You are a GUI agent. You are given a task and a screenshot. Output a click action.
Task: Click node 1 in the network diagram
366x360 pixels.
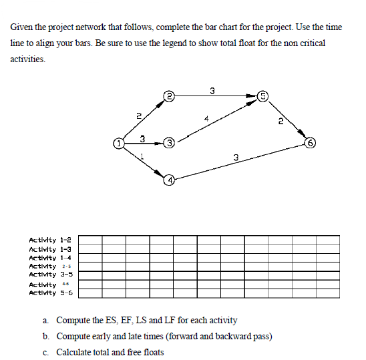118,143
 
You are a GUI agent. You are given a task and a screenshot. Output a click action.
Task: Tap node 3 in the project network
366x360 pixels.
170,143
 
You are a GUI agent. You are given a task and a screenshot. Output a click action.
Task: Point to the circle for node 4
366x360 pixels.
170,180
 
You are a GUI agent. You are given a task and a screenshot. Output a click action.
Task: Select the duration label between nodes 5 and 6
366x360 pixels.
281,121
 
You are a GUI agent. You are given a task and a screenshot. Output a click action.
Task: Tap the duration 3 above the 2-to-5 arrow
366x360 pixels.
212,90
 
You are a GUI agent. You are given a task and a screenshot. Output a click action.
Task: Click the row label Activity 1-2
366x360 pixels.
51,239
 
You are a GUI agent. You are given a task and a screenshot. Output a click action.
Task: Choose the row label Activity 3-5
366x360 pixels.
51,275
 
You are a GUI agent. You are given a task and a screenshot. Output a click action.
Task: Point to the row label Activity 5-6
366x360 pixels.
51,293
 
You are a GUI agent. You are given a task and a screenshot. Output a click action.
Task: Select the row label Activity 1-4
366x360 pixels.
51,257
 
